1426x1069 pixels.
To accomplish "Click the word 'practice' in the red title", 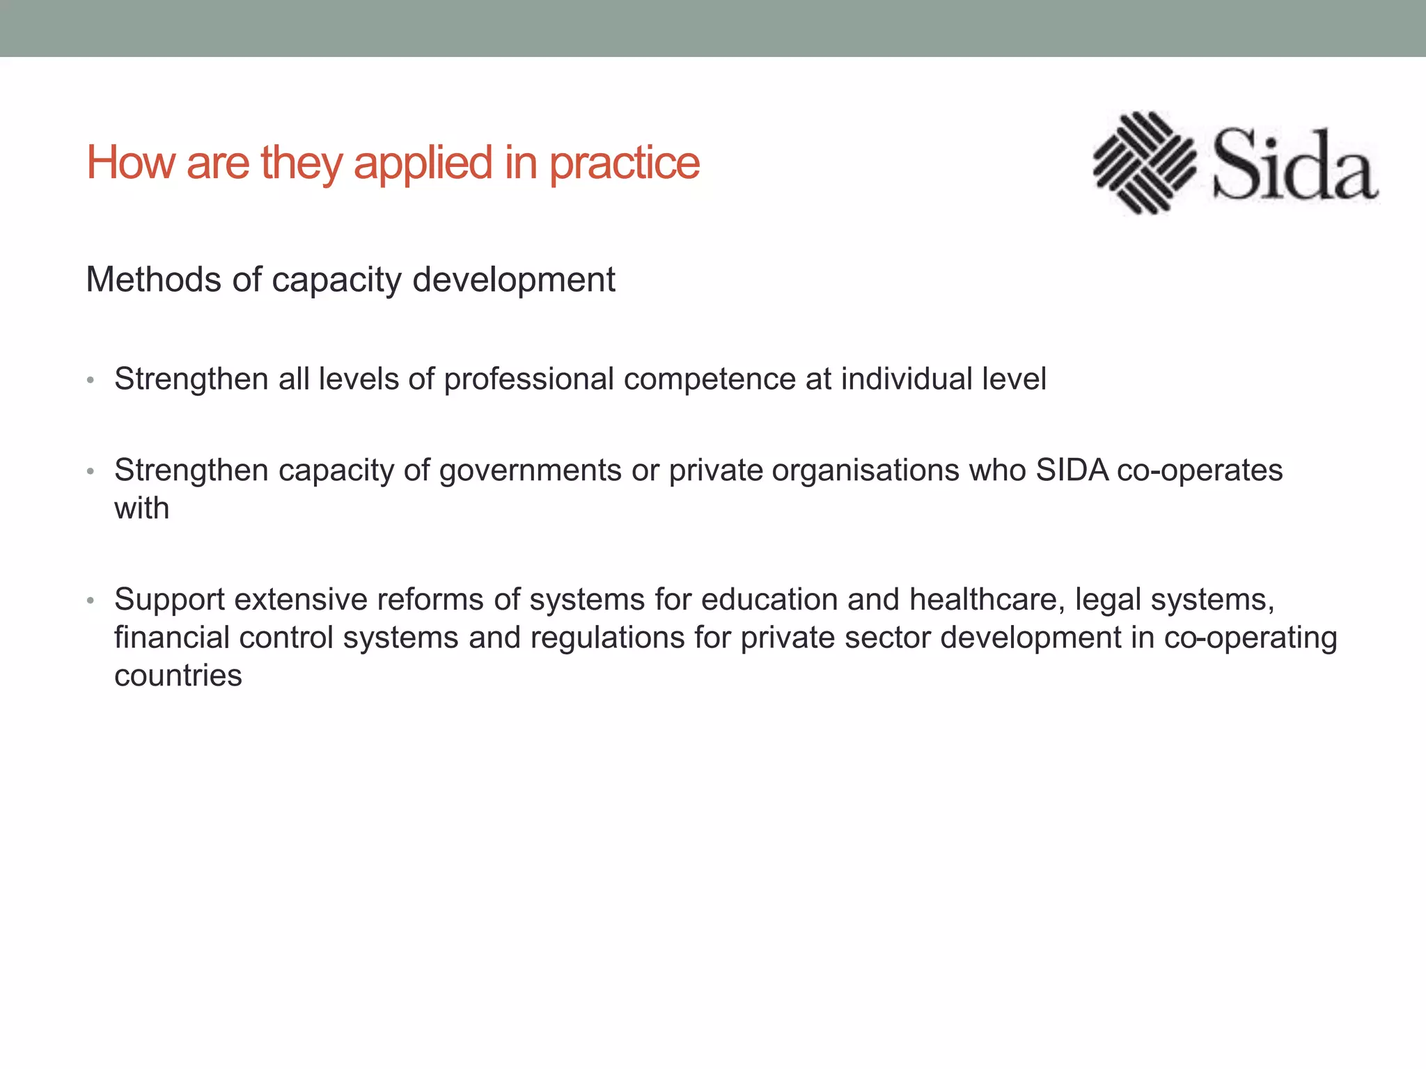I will tap(625, 163).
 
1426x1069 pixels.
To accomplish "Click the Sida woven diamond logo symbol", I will tap(1144, 162).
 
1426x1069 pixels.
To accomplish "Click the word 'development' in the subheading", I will tap(513, 280).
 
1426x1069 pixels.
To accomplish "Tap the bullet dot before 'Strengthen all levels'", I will tap(91, 381).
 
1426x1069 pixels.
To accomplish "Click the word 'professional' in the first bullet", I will tap(528, 379).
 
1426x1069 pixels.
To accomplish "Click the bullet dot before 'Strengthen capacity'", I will tap(91, 472).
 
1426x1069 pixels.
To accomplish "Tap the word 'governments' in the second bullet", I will tap(530, 470).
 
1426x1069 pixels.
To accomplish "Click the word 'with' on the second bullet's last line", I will tap(141, 509).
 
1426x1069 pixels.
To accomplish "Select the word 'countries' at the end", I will tap(178, 676).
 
